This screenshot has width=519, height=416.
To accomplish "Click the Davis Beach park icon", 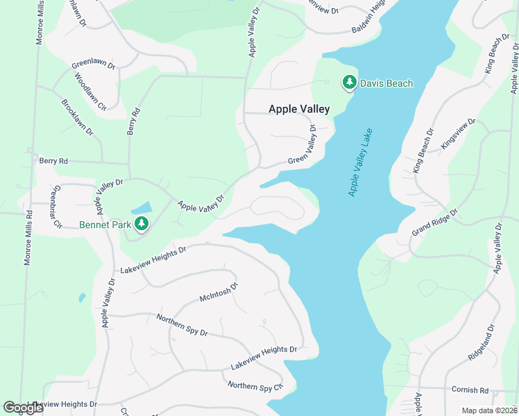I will [x=349, y=83].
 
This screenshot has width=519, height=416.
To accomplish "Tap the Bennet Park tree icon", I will [x=142, y=223].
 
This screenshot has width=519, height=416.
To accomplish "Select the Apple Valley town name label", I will [x=299, y=109].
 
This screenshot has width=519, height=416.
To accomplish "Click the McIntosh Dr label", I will [x=219, y=291].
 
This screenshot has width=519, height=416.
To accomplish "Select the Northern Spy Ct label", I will [x=255, y=385].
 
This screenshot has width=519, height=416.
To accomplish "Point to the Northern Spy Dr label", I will [x=182, y=324].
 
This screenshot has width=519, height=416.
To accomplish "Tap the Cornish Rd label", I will [x=470, y=390].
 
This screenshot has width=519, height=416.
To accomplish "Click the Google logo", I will [x=22, y=408].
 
